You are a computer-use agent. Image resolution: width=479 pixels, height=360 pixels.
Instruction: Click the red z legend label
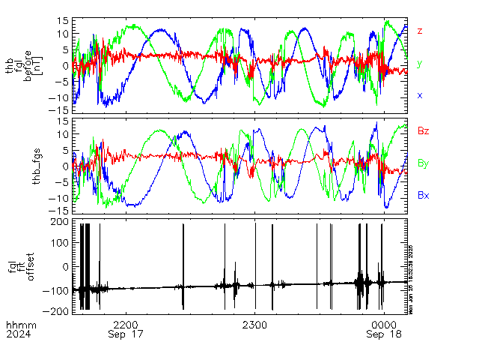pyautogui.click(x=420, y=31)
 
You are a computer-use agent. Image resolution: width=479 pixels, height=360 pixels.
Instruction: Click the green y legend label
pyautogui.click(x=420, y=64)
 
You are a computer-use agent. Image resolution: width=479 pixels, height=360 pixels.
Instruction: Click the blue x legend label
pyautogui.click(x=420, y=95)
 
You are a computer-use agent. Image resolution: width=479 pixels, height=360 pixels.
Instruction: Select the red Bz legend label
pyautogui.click(x=423, y=131)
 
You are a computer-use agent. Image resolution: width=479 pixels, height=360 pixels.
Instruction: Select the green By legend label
pyautogui.click(x=423, y=163)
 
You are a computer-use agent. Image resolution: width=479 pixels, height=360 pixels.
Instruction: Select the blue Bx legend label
pyautogui.click(x=423, y=195)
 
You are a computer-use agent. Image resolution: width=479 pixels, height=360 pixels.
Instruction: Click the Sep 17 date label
pyautogui.click(x=126, y=335)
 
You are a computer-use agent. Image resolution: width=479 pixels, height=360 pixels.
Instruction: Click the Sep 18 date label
pyautogui.click(x=384, y=335)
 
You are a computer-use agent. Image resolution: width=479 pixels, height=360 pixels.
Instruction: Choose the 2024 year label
pyautogui.click(x=16, y=335)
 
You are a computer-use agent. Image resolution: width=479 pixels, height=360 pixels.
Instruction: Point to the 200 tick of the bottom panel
pyautogui.click(x=60, y=223)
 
